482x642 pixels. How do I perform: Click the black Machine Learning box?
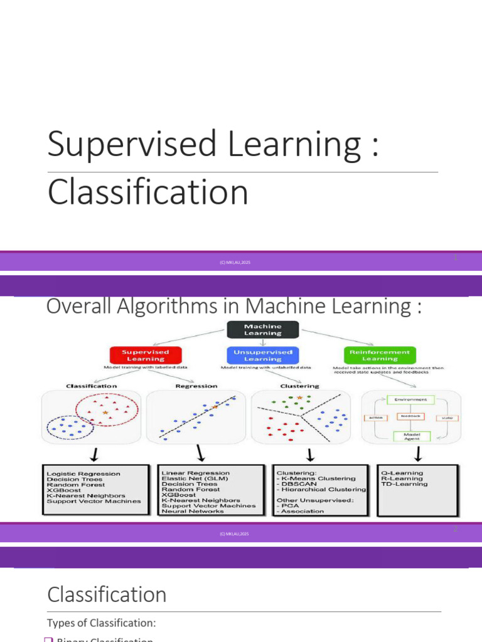[x=262, y=330]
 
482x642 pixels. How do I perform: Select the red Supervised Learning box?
[x=146, y=355]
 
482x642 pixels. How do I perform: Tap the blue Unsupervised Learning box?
[x=263, y=355]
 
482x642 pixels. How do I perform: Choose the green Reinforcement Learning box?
[x=380, y=355]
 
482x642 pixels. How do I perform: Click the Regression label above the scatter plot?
[x=196, y=386]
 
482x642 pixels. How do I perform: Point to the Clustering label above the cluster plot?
[x=299, y=386]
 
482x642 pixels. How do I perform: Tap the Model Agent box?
[x=411, y=436]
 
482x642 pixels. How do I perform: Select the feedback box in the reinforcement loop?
[x=411, y=416]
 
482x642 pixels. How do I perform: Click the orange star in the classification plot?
[x=105, y=412]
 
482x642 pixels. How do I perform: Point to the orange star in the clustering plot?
[x=299, y=398]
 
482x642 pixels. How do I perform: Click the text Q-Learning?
[x=402, y=473]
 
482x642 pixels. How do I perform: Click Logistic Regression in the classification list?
[x=83, y=473]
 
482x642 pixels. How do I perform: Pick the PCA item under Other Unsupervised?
[x=289, y=505]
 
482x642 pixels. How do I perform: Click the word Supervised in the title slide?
[x=134, y=144]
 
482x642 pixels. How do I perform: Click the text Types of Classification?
[x=102, y=623]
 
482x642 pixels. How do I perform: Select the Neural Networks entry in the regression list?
[x=193, y=511]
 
